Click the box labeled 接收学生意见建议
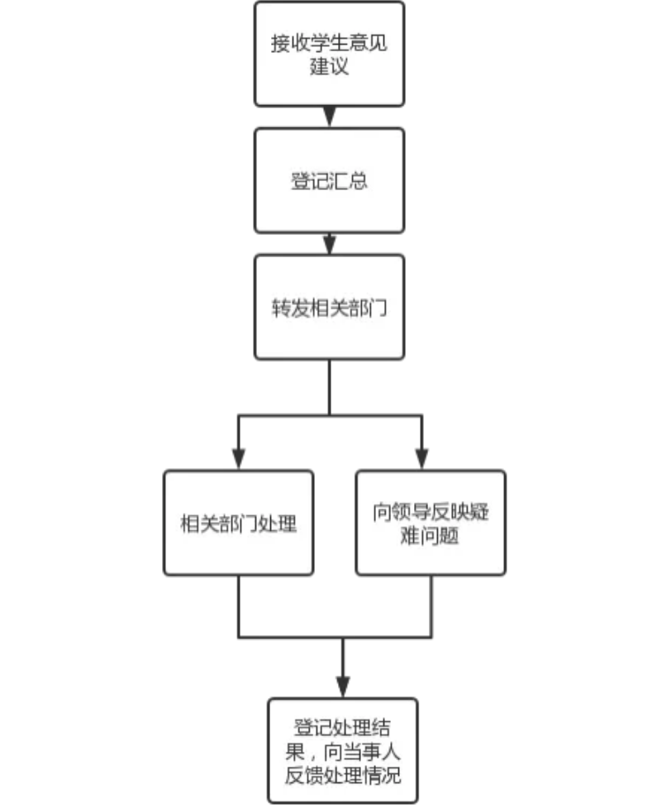pos(329,54)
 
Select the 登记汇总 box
pos(329,180)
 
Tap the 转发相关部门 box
pos(329,307)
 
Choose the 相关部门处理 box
pos(238,523)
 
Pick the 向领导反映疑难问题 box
pos(430,523)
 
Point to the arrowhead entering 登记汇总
pos(329,117)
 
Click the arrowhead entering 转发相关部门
pos(329,244)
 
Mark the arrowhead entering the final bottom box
pos(342,687)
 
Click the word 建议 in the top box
pos(329,66)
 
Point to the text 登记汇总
pos(329,181)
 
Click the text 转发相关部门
pos(329,308)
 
